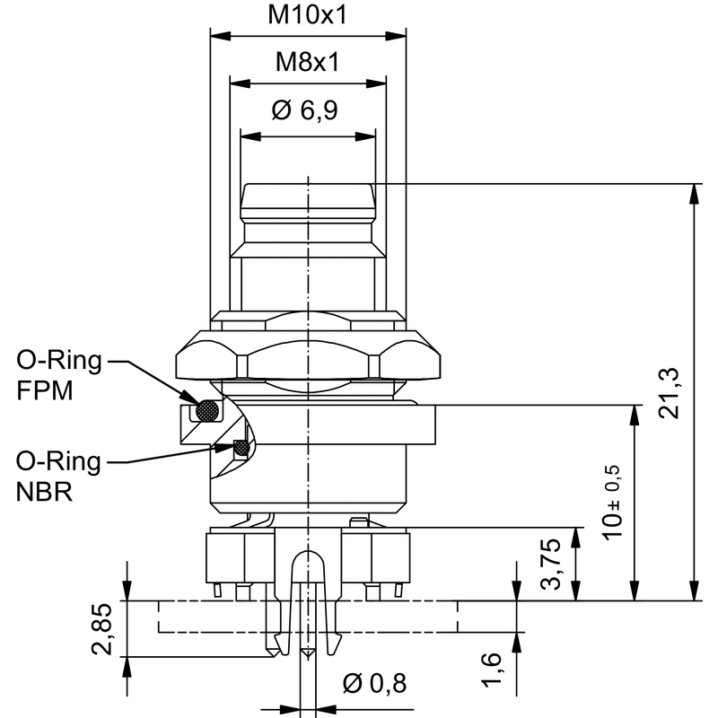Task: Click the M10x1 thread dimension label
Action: (308, 16)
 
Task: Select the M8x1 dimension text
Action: (308, 63)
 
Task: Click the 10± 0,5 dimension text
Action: (615, 503)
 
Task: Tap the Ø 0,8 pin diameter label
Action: (375, 684)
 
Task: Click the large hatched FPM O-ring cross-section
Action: (209, 410)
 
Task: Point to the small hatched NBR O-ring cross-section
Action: (241, 447)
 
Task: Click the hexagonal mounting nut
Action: (309, 354)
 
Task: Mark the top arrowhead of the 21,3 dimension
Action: (694, 190)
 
